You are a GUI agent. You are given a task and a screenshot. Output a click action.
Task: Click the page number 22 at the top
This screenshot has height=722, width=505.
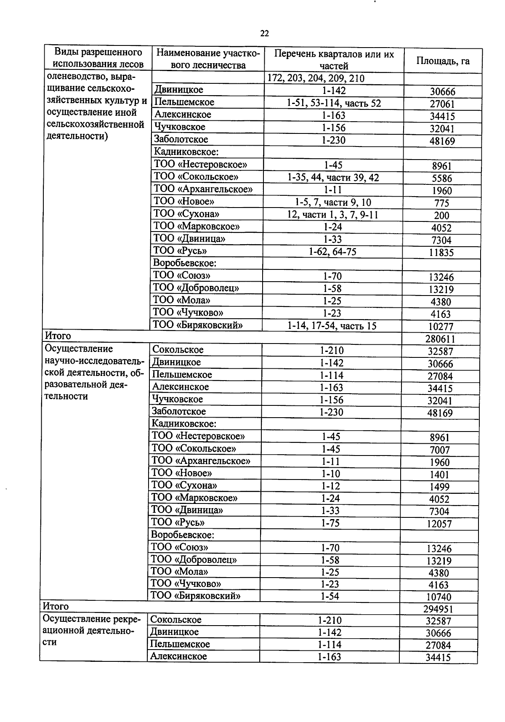coord(264,34)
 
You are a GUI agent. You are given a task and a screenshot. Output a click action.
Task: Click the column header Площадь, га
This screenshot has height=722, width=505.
coord(443,61)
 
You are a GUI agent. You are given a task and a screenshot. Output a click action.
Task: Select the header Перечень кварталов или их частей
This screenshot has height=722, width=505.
coord(334,60)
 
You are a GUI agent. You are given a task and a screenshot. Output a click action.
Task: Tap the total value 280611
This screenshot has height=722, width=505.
coord(440,339)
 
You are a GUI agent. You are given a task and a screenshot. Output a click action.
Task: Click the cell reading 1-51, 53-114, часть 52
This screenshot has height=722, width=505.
coord(334,103)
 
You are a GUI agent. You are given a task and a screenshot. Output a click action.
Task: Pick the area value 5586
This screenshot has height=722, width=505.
coord(442,179)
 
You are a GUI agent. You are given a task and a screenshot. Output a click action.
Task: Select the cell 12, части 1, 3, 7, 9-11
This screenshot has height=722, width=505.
coord(333,215)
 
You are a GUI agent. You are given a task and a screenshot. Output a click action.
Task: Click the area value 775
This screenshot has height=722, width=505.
coord(442,203)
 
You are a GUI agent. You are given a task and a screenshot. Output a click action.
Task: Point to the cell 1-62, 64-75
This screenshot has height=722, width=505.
coord(332,252)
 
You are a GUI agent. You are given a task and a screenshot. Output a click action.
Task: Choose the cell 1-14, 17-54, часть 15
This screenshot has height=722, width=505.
coord(332,326)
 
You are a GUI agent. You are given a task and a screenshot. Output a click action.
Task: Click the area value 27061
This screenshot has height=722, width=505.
coord(442,104)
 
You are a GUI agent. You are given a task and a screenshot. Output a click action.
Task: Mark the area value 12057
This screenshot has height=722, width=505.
coord(439,524)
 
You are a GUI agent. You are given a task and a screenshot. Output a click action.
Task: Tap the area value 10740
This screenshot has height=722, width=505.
coord(439,597)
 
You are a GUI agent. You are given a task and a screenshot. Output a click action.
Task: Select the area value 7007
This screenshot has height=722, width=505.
coord(440,450)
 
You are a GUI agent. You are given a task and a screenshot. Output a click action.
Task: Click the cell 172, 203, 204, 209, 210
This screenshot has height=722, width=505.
coord(315,79)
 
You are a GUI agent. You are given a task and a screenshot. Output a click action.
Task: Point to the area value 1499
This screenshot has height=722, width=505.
coord(440,487)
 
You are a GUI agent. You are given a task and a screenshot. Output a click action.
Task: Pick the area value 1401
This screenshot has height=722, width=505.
coord(440,474)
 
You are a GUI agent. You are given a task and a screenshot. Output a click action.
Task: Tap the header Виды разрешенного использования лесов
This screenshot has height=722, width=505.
coord(98,58)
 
